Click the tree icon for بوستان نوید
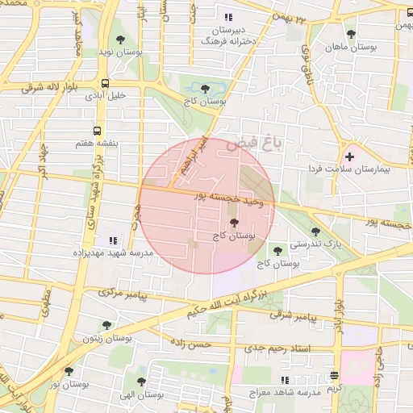(x=120, y=39)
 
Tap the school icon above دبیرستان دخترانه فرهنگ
(x=228, y=16)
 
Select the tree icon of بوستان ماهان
(x=351, y=34)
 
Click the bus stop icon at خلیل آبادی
(x=106, y=82)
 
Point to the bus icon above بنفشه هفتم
(x=98, y=130)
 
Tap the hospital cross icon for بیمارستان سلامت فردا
(x=349, y=156)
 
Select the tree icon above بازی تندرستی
(x=315, y=232)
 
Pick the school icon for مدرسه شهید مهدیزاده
(x=113, y=240)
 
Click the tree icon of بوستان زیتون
(x=106, y=325)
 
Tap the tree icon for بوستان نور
(x=69, y=372)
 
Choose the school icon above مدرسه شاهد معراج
(x=284, y=379)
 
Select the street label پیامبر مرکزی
(x=120, y=294)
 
